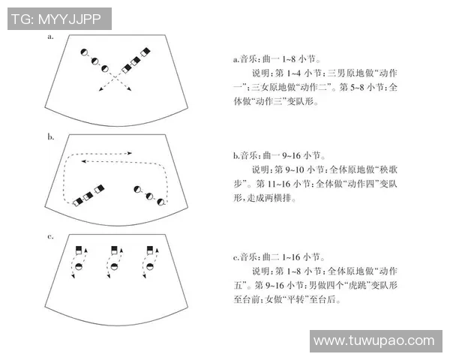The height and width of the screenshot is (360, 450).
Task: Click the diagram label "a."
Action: [x=50, y=37]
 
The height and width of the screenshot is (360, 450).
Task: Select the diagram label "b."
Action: [x=51, y=137]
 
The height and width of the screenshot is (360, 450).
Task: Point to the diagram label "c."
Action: [x=50, y=237]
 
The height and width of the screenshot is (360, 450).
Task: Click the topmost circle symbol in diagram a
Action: [x=84, y=52]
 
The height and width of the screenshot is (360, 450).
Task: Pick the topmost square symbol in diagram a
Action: [x=145, y=52]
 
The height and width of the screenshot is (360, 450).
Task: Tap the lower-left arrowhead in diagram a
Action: [x=100, y=89]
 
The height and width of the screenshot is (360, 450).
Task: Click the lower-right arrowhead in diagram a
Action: [x=130, y=89]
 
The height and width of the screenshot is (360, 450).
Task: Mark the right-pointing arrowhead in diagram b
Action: [x=130, y=153]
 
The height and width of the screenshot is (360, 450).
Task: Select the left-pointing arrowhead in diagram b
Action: [x=83, y=161]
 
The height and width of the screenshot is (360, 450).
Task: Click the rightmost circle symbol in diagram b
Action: [x=161, y=202]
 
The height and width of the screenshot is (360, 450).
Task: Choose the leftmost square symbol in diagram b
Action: [x=78, y=202]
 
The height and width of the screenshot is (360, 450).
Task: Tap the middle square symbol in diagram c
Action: [x=114, y=250]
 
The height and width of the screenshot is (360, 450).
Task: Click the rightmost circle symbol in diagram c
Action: [x=150, y=266]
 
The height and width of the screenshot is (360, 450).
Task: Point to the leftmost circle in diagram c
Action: [x=78, y=266]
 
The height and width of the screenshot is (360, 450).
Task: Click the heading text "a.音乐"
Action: [x=244, y=59]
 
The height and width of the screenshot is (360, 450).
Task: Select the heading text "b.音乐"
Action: [x=244, y=155]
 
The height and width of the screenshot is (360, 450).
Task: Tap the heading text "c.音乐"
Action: [x=244, y=257]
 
